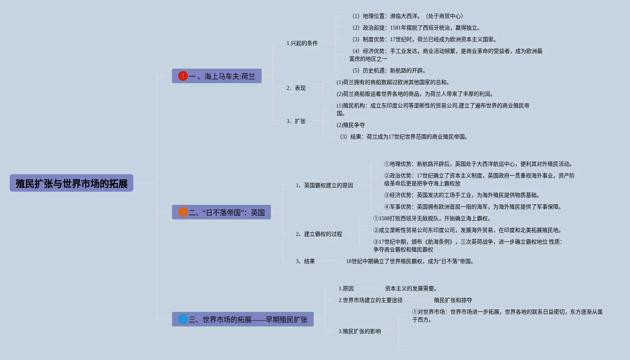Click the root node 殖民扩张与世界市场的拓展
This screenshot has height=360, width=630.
tap(72, 183)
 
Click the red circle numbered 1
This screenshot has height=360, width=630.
tap(183, 76)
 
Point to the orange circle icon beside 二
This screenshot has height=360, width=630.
tap(183, 212)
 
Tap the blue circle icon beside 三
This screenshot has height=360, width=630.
tap(183, 319)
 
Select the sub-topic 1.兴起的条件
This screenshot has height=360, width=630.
tap(302, 43)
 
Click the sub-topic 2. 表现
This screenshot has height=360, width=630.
tap(296, 88)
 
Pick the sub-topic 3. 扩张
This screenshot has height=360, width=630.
tap(296, 121)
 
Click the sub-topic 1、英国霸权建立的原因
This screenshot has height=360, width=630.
tap(324, 185)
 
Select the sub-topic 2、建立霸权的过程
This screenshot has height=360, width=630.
tap(319, 234)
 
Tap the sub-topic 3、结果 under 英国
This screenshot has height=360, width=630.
tap(305, 261)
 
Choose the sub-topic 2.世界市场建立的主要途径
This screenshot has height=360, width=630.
tap(371, 300)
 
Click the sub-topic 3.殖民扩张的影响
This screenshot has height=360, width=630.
tap(360, 331)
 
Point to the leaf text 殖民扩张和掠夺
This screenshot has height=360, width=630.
tap(453, 300)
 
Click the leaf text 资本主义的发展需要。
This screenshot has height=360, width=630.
tap(411, 288)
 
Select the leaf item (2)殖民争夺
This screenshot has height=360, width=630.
tap(351, 125)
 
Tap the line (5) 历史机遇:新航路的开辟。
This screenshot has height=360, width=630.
tap(389, 70)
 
